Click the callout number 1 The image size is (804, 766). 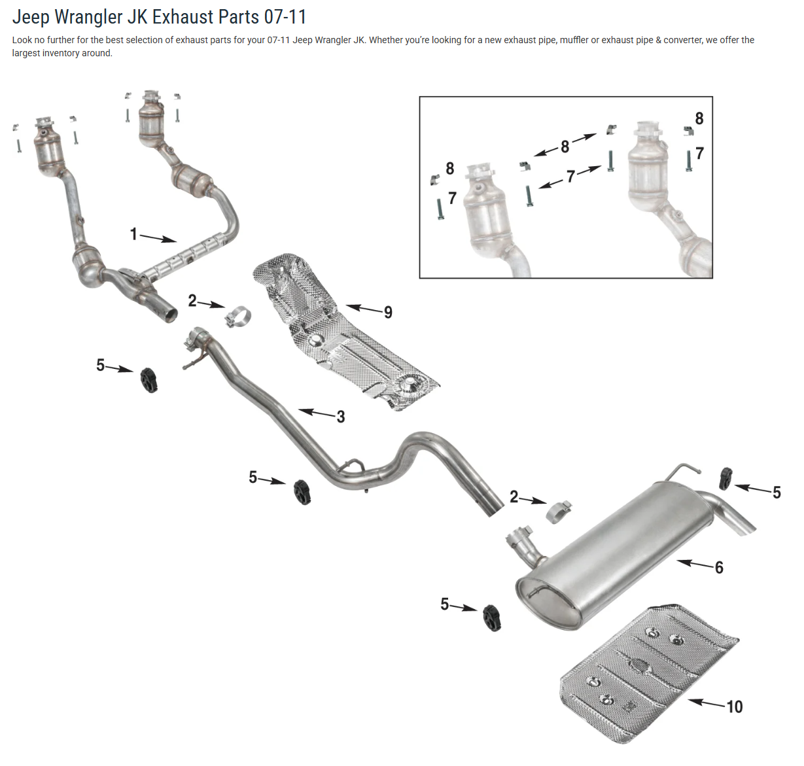coord(133,234)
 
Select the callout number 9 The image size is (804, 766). coord(388,313)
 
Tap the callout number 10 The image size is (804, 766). coord(734,706)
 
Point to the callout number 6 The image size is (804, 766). coord(719,567)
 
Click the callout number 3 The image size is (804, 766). coord(341,417)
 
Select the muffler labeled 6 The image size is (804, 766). coord(615,556)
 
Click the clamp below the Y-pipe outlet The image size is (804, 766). coord(238,316)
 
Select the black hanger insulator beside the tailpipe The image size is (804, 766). coord(725,478)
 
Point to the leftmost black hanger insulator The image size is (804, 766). coord(150,379)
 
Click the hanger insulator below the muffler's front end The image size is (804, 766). coord(492,618)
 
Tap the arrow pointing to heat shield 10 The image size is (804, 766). coord(705,703)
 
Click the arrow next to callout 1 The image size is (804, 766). coord(158,238)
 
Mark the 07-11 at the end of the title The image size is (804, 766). coord(285,16)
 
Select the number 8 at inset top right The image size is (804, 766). coord(699,118)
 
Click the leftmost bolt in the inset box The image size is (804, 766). coord(440,209)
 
